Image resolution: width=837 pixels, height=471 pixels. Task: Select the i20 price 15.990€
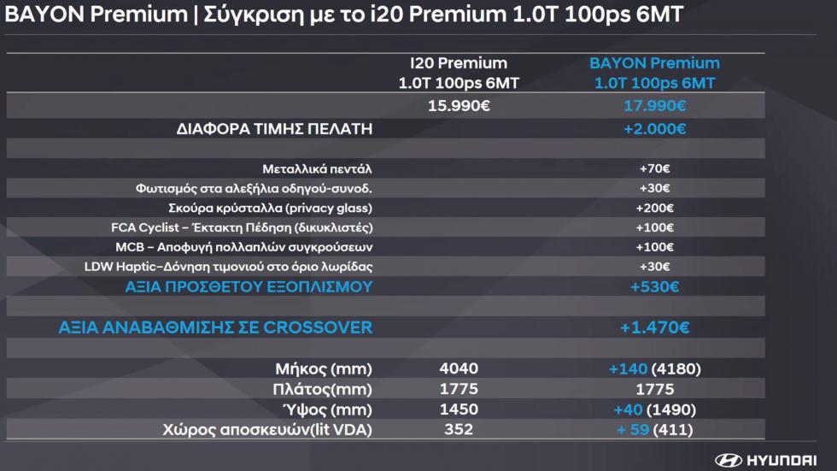click(459, 106)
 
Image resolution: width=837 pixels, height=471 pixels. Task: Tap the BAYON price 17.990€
click(654, 106)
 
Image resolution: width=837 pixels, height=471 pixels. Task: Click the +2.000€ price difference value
click(654, 129)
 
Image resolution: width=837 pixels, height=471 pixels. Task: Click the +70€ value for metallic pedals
click(654, 168)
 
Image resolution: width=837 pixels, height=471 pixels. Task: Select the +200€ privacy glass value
click(654, 208)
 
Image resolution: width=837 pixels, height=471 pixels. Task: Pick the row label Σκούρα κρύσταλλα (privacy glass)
click(270, 208)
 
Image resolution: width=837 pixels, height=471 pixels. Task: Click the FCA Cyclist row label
click(242, 227)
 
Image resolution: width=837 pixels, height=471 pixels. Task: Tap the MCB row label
click(244, 247)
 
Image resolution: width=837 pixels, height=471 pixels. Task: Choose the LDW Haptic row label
click(228, 267)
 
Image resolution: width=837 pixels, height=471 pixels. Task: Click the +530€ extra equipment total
click(654, 286)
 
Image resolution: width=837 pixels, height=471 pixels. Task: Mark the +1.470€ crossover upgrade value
click(654, 327)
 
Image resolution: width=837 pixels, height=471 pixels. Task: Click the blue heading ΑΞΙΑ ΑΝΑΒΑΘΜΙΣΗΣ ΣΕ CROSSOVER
click(215, 327)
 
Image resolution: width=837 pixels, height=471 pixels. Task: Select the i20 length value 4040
click(459, 368)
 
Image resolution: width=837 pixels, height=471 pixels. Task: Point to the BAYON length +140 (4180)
click(654, 369)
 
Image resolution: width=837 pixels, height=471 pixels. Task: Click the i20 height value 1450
click(459, 409)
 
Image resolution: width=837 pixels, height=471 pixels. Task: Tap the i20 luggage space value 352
click(459, 429)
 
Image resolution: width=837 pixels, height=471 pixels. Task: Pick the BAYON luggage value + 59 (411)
click(654, 430)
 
